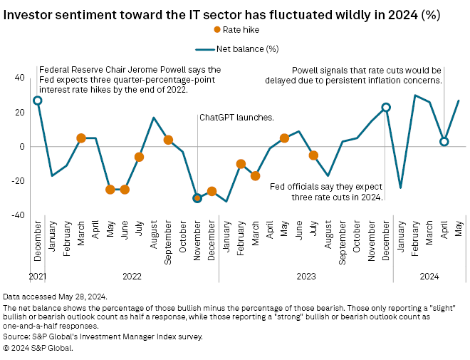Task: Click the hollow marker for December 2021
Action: point(37,101)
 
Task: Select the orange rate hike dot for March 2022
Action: point(81,138)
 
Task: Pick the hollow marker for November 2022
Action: point(197,198)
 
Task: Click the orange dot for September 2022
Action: point(168,140)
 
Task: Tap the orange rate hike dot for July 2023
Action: point(313,155)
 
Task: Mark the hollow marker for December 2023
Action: point(386,108)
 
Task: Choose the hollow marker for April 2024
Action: point(444,142)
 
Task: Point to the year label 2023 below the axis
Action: point(305,275)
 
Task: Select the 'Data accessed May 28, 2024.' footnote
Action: point(55,296)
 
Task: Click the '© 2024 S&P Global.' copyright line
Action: point(38,348)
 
